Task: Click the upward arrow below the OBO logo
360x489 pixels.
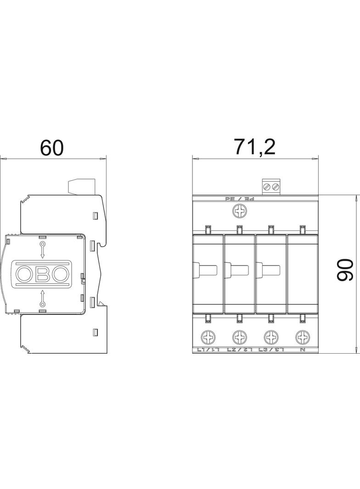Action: [42, 298]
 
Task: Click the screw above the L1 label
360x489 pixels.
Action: [207, 338]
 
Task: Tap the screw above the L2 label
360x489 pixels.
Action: [239, 338]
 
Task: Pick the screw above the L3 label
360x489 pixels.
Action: [271, 338]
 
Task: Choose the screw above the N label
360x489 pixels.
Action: [302, 338]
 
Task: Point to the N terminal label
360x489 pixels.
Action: [302, 350]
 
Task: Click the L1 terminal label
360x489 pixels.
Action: [208, 350]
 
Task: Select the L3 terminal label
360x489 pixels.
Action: [271, 350]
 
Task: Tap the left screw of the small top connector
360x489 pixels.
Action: [266, 187]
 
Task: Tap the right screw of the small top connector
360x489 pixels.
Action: [275, 187]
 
